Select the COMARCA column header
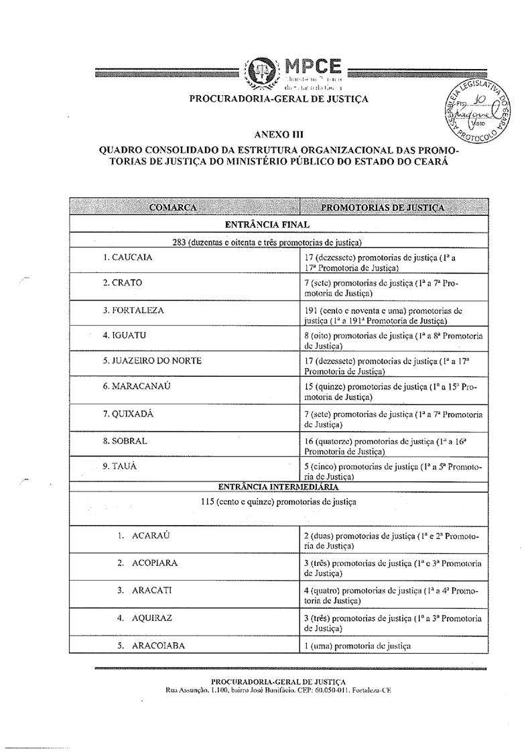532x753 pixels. pos(173,207)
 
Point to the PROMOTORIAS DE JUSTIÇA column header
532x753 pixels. pos(383,207)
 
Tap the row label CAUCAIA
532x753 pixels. pos(127,257)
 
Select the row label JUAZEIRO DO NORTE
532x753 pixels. pos(152,360)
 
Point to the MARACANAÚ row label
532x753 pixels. pos(139,387)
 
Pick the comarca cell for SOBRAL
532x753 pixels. pos(125,441)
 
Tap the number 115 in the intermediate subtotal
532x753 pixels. pos(210,501)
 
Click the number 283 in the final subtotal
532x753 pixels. pos(180,242)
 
